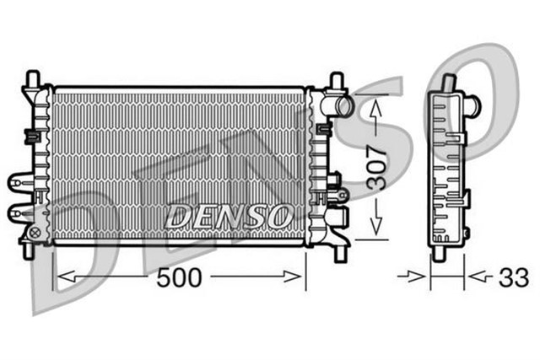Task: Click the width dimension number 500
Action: pos(180,277)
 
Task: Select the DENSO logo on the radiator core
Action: pos(229,216)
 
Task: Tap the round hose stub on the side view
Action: pos(474,106)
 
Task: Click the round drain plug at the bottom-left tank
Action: pos(35,230)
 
